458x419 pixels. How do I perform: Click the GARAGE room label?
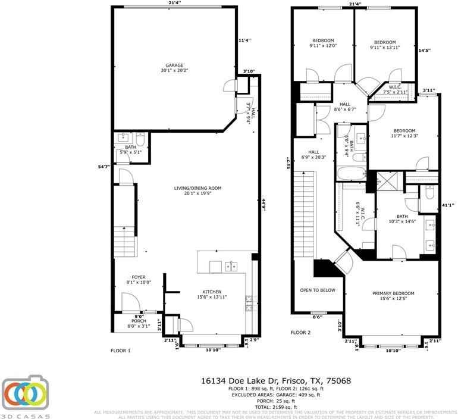pos(174,65)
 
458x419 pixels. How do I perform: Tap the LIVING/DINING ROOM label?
pos(198,188)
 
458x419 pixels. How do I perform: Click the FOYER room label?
pos(138,277)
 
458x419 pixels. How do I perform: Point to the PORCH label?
pos(139,321)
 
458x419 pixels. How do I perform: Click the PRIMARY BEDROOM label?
pos(393,293)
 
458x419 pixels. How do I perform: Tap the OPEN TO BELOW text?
pos(317,290)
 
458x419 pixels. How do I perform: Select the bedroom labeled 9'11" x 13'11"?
pos(385,42)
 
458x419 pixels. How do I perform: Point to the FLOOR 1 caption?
pos(120,351)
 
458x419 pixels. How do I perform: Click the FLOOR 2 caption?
pos(301,332)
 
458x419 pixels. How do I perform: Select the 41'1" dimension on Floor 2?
pos(447,205)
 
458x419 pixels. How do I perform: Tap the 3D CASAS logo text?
pos(25,415)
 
